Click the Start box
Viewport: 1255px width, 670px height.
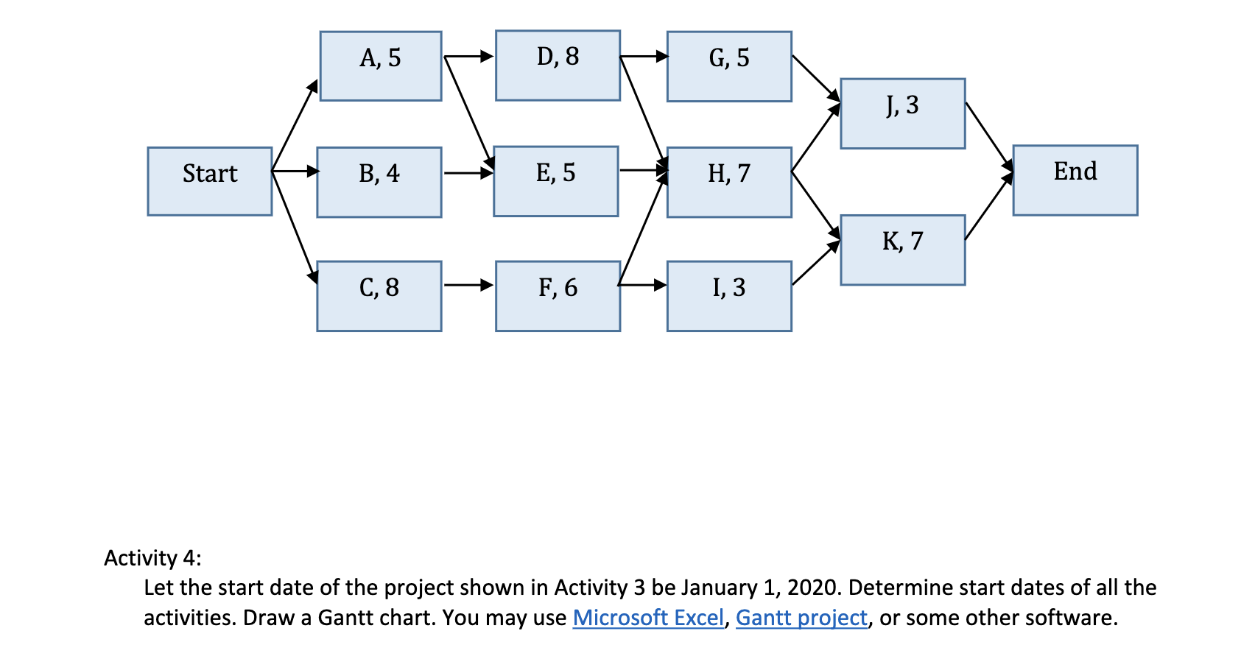(x=210, y=181)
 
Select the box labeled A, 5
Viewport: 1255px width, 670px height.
(x=381, y=66)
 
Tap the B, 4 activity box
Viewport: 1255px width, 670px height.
(x=379, y=182)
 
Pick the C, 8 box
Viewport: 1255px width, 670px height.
(x=379, y=295)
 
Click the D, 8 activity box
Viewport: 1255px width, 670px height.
(x=558, y=65)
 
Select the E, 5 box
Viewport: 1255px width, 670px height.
(x=555, y=181)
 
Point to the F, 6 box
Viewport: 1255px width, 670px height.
(x=558, y=295)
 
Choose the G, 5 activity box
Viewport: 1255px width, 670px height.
(x=729, y=66)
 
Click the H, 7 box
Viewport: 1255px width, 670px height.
(x=729, y=182)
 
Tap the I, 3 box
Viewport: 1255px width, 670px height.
(x=729, y=295)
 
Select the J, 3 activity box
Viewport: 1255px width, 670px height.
(x=902, y=113)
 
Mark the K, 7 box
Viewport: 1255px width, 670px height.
(x=902, y=250)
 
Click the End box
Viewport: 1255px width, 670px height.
(x=1075, y=180)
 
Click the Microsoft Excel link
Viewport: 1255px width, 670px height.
(x=648, y=618)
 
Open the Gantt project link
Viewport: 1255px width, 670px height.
(x=801, y=618)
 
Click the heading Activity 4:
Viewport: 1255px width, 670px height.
(x=152, y=558)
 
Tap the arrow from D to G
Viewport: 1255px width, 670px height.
(x=644, y=56)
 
